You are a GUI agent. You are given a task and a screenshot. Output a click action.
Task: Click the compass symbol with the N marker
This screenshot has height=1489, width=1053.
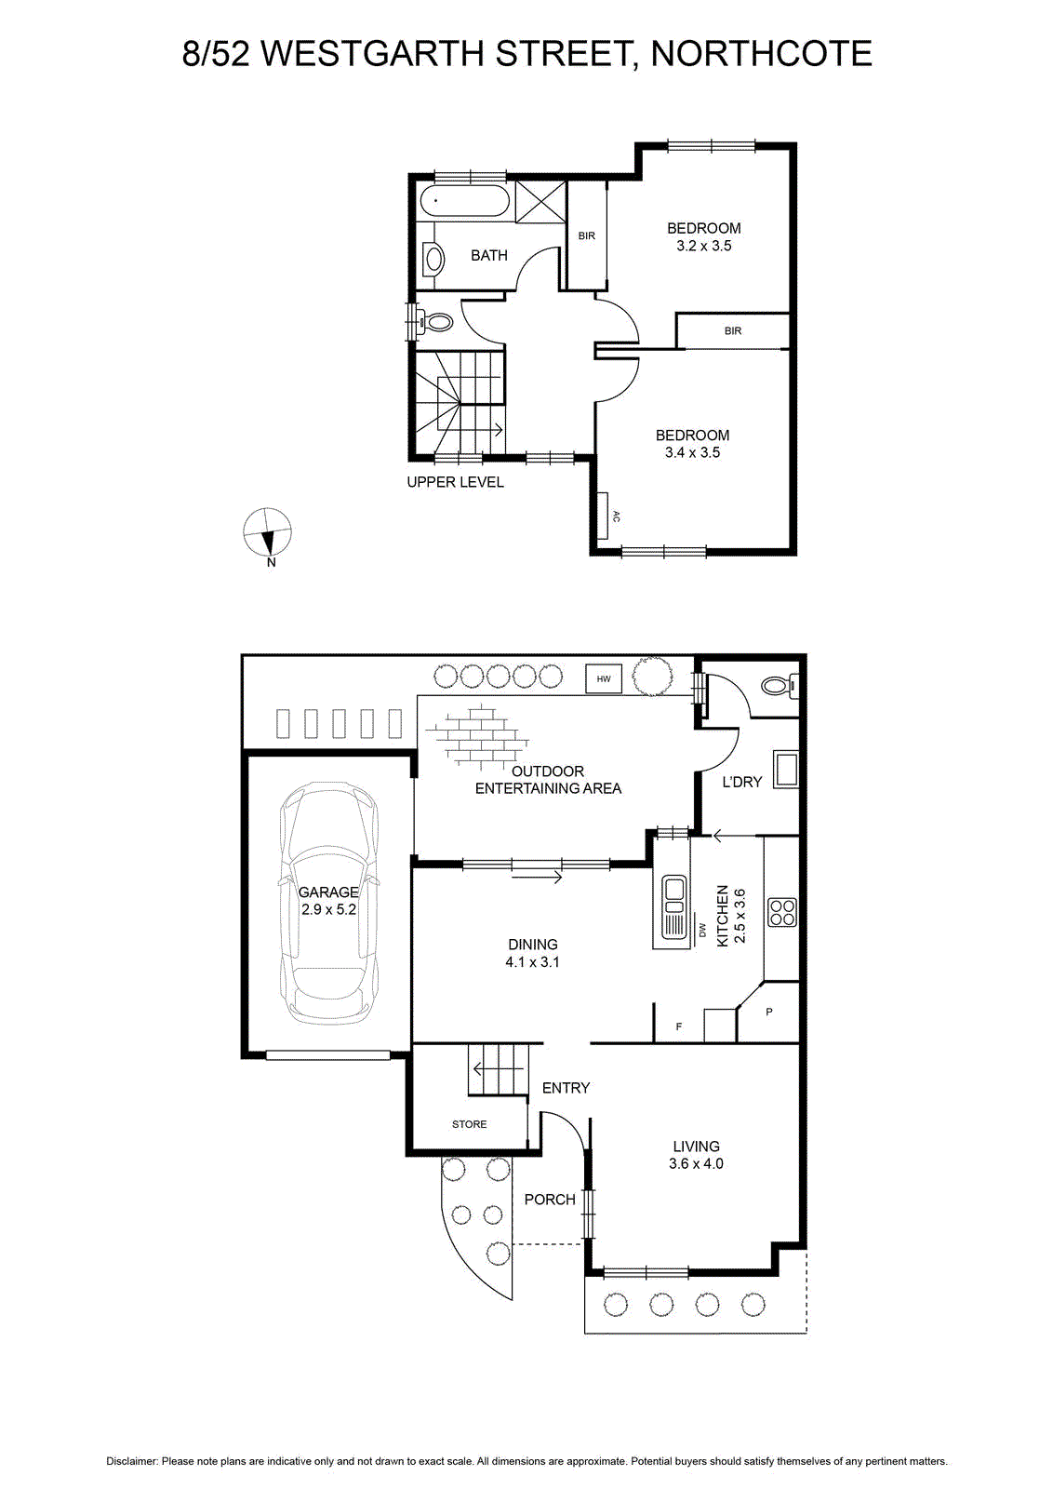(x=267, y=532)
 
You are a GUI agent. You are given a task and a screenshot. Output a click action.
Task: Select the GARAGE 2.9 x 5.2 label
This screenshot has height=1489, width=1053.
(x=328, y=900)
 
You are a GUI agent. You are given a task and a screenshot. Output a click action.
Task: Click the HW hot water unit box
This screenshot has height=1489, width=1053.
(x=603, y=678)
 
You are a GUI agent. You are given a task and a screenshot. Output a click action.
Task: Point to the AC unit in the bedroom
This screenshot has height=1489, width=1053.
(x=604, y=516)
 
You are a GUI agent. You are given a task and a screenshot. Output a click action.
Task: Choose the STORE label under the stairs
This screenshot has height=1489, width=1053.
(x=469, y=1124)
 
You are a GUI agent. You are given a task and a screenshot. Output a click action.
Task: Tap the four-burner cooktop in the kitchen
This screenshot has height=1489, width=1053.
(x=782, y=912)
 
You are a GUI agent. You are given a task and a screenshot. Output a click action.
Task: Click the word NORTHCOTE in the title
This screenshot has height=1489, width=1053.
(x=761, y=53)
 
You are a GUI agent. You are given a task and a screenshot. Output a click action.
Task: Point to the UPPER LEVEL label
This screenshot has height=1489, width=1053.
(x=455, y=482)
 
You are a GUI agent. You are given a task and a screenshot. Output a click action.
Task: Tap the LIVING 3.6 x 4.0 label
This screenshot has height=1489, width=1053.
(x=696, y=1155)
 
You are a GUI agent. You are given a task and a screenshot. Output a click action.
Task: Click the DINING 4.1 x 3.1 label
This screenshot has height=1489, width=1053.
(x=532, y=953)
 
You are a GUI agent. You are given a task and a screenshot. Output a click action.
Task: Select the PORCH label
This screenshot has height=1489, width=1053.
(x=550, y=1200)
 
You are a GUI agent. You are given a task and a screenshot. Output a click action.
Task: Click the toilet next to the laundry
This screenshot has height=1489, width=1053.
(x=780, y=685)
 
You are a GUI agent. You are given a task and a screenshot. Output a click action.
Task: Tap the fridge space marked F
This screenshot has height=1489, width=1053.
(x=678, y=1026)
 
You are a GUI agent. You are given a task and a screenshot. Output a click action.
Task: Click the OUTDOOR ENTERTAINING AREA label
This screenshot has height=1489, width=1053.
(x=548, y=780)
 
